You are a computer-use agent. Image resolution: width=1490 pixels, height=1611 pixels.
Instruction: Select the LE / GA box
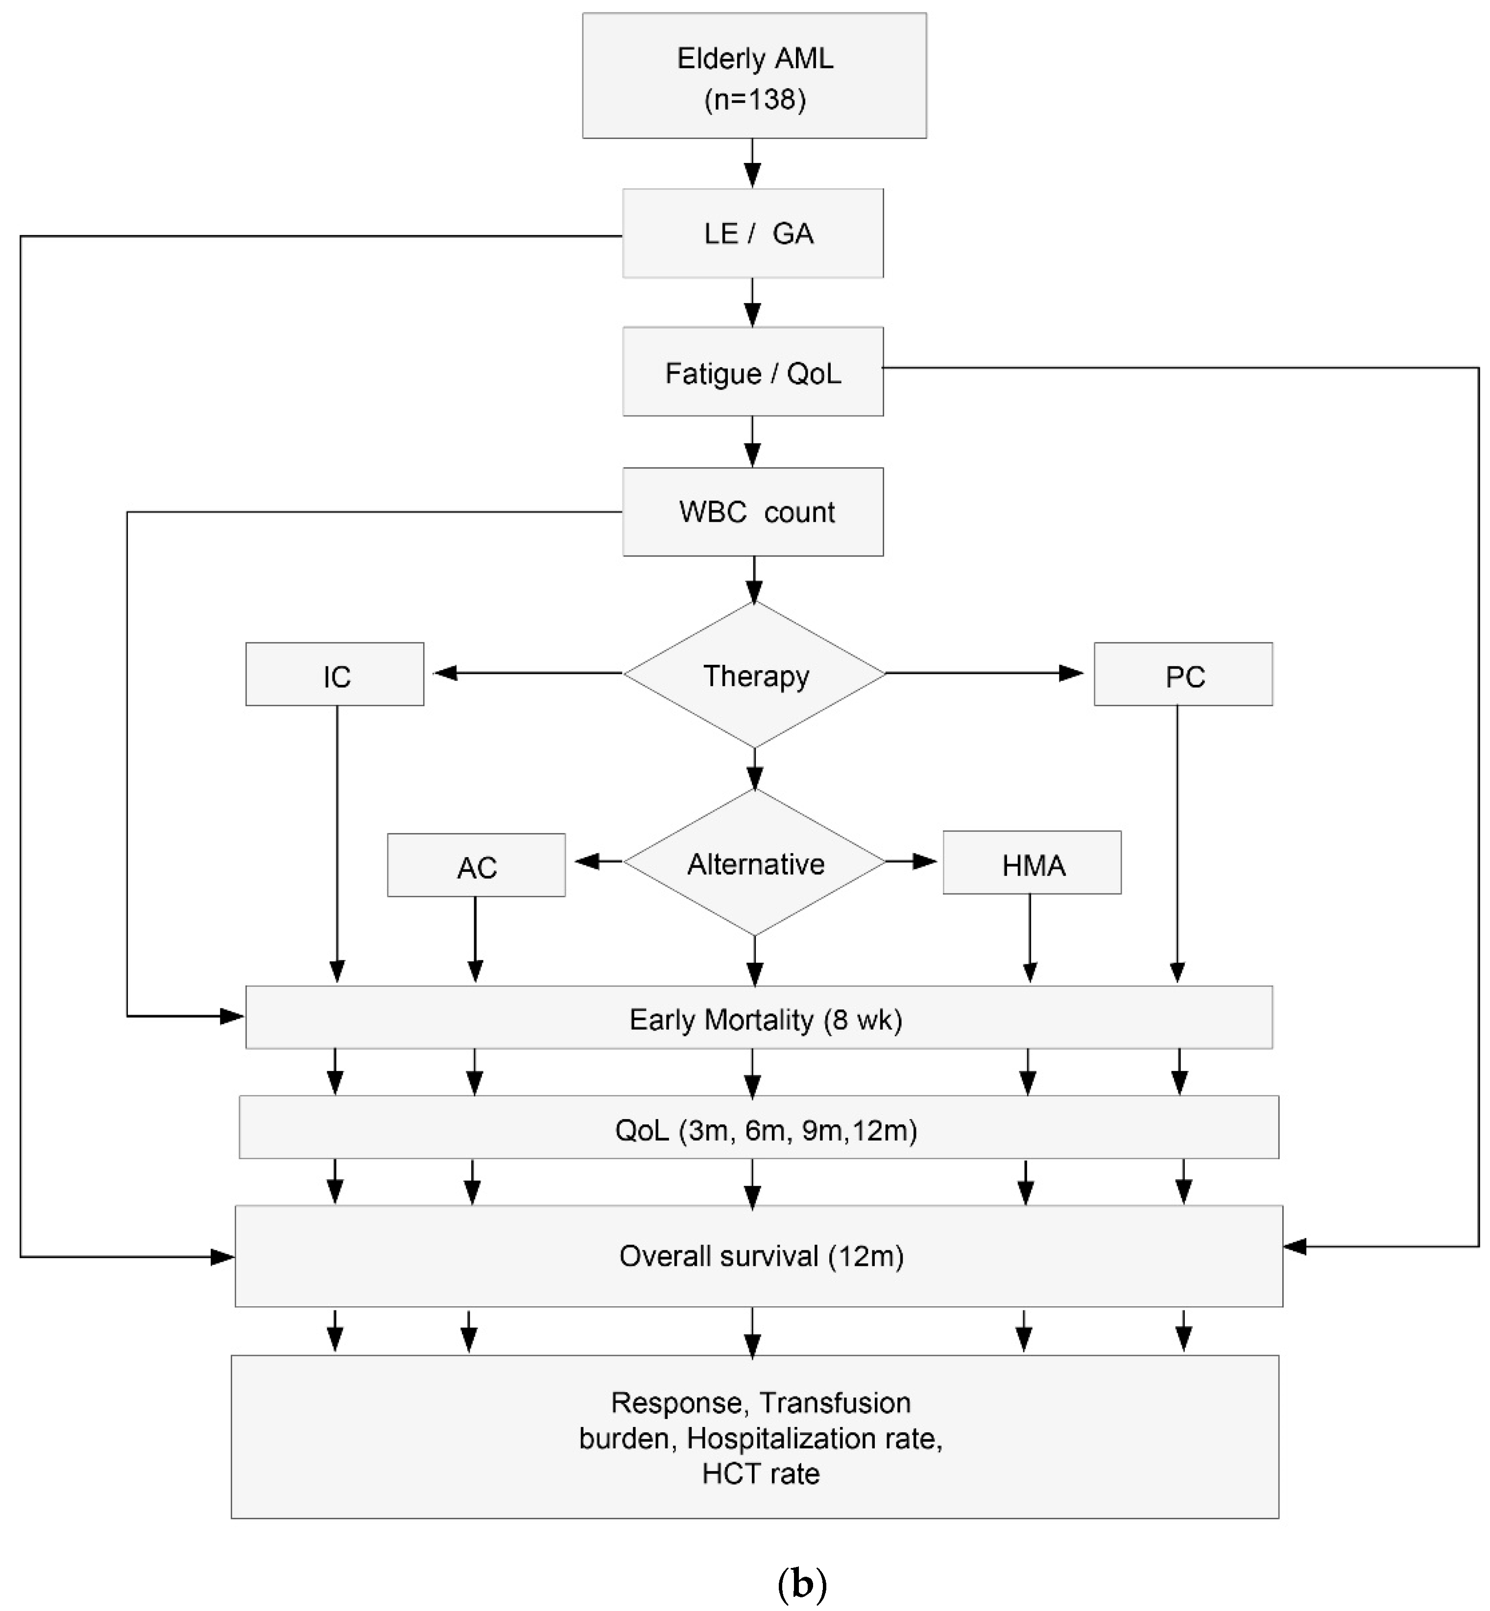pyautogui.click(x=752, y=233)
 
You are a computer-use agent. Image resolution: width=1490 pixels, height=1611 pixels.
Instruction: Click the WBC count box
pyautogui.click(x=752, y=512)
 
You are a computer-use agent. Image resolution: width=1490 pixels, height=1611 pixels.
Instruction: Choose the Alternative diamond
pyautogui.click(x=755, y=863)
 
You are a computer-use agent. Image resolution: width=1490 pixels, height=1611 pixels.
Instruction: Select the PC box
pyautogui.click(x=1183, y=675)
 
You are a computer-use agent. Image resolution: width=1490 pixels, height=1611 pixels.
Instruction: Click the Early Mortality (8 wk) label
pyautogui.click(x=765, y=1020)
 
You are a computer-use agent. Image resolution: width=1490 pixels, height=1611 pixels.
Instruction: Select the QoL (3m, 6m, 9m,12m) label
pyautogui.click(x=765, y=1130)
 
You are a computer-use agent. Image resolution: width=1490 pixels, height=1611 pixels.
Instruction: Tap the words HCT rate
pyautogui.click(x=760, y=1473)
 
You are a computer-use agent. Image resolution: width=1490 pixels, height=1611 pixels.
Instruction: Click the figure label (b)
pyautogui.click(x=801, y=1584)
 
